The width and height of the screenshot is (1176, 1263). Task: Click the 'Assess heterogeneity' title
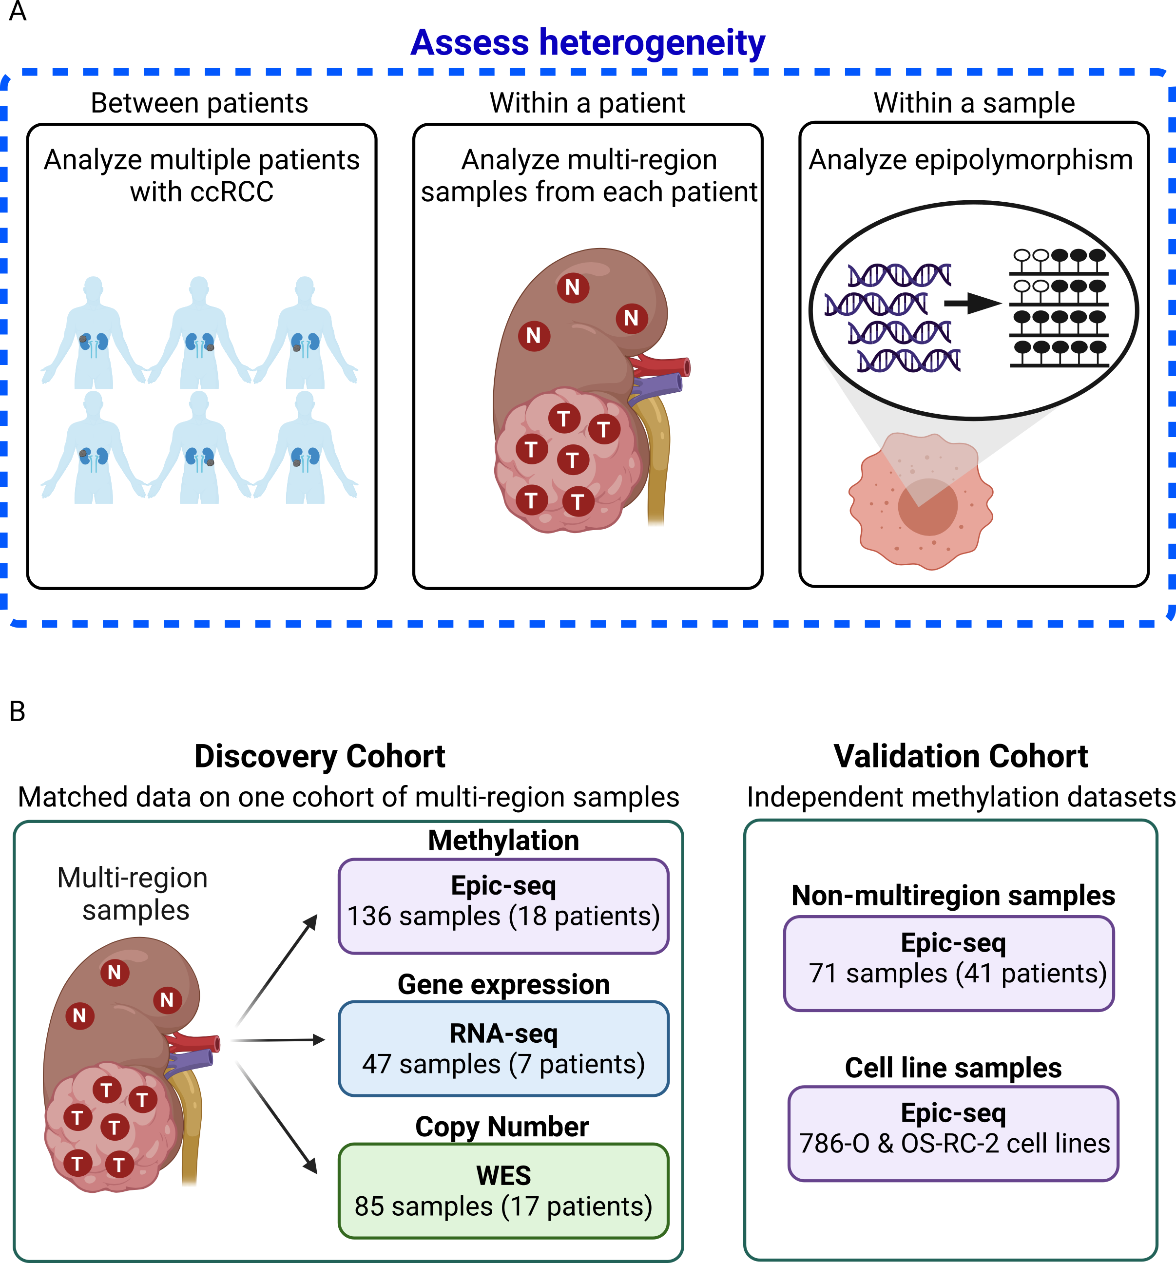(x=588, y=43)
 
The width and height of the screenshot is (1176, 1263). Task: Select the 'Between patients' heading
(x=199, y=103)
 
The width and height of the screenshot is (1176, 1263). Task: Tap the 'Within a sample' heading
(x=974, y=103)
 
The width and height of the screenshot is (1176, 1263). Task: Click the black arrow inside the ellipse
(x=972, y=303)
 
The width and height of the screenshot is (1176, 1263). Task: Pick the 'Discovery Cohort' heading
(x=320, y=757)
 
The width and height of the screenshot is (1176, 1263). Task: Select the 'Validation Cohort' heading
(x=961, y=757)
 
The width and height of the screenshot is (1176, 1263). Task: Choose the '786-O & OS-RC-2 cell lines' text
(x=954, y=1144)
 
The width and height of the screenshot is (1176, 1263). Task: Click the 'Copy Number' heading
(x=502, y=1127)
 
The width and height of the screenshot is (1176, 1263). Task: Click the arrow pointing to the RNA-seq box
(x=280, y=1040)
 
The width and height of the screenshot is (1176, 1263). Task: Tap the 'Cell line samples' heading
(x=953, y=1068)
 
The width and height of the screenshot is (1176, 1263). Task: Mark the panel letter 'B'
(x=17, y=711)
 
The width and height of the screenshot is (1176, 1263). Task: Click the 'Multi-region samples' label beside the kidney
(x=134, y=894)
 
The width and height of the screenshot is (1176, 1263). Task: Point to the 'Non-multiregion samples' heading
(x=953, y=896)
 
